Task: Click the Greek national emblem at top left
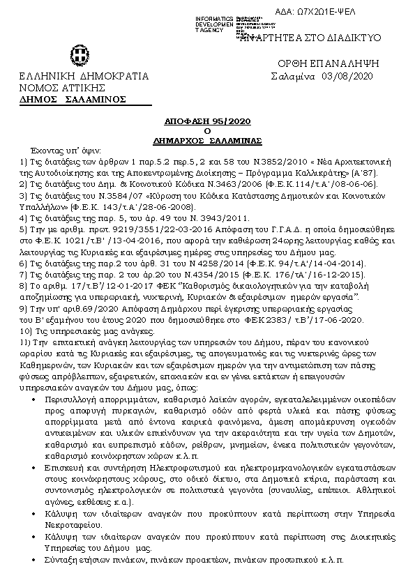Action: [x=77, y=54]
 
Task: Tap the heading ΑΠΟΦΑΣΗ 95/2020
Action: [x=207, y=120]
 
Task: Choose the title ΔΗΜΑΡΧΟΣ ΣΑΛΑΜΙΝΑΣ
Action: [x=207, y=140]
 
